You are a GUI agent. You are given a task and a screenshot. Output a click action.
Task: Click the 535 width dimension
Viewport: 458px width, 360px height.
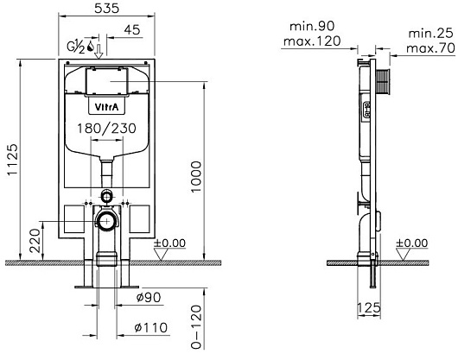[107, 8]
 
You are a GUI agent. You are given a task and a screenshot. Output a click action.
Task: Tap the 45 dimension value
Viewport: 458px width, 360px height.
[132, 29]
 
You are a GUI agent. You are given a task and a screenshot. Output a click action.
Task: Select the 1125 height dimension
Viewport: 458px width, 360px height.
[13, 160]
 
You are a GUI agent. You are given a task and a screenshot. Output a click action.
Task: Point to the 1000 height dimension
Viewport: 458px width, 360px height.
[196, 177]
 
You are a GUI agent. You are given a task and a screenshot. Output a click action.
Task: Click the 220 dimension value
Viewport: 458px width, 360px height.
[35, 241]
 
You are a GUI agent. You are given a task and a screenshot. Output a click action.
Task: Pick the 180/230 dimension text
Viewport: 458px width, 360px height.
[106, 129]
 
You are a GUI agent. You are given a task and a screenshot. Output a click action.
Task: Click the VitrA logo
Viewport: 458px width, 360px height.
[107, 107]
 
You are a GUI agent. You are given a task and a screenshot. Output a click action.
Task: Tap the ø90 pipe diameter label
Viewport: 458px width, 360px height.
[149, 297]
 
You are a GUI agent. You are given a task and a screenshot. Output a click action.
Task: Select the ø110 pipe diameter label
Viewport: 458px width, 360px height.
[151, 327]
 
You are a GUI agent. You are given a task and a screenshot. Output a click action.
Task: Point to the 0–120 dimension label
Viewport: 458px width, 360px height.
[196, 326]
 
